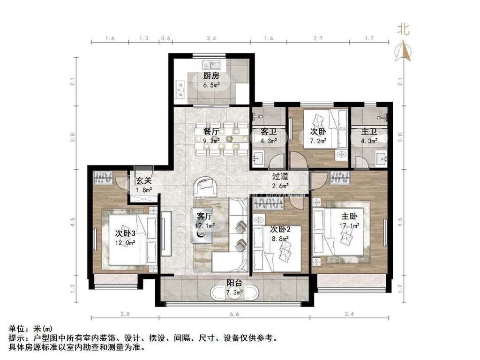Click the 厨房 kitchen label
click(211, 75)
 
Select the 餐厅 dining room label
click(211, 132)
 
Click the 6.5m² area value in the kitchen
click(211, 85)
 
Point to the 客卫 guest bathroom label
click(269, 132)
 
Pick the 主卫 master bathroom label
click(369, 132)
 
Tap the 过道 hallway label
click(280, 176)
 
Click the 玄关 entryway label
click(144, 180)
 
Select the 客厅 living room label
click(204, 216)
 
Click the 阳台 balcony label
click(234, 283)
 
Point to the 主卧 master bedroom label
click(349, 216)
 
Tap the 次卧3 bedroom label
click(125, 233)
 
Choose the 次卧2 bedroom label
click(280, 229)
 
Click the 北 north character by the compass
click(403, 29)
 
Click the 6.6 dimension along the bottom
click(234, 314)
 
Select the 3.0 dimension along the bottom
click(125, 314)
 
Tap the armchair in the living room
click(205, 187)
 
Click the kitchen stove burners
click(180, 89)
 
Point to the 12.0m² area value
click(125, 243)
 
